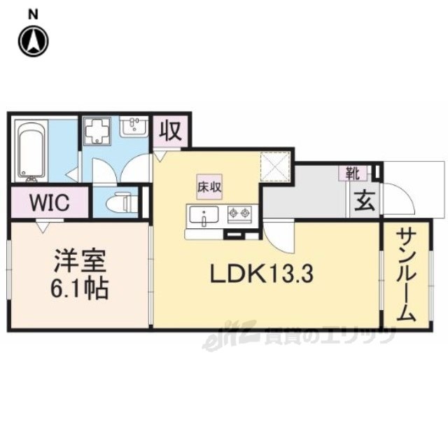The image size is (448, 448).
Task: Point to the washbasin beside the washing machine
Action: click(x=132, y=128)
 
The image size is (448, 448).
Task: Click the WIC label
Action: click(x=49, y=204)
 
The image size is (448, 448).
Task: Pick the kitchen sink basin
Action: click(x=204, y=216)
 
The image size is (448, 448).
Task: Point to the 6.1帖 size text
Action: click(x=80, y=288)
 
